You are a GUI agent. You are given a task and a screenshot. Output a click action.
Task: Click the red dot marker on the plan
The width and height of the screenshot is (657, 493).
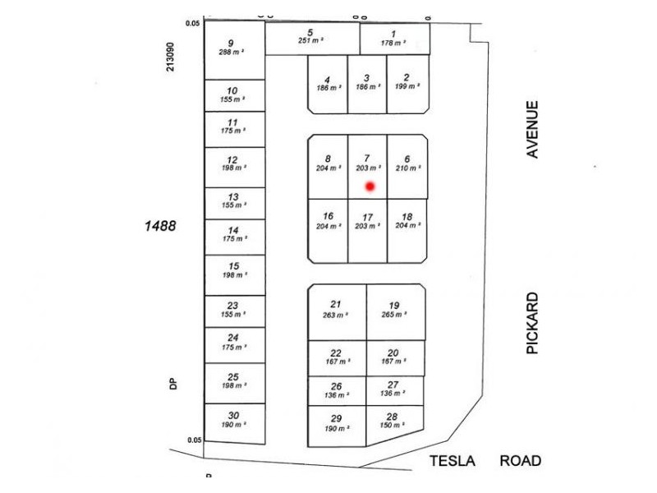[370, 187]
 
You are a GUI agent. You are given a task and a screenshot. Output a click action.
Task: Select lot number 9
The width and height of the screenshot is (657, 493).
[231, 44]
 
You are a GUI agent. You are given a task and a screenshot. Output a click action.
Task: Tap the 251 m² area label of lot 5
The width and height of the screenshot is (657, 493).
[310, 40]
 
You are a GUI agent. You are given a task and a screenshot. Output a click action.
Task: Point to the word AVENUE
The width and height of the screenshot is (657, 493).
[533, 129]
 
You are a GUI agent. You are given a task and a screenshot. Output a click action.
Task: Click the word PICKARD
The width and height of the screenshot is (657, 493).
[533, 323]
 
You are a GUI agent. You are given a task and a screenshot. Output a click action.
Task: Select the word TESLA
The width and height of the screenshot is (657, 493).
[453, 461]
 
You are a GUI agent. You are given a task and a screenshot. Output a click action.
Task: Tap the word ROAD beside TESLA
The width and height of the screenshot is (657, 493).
[521, 461]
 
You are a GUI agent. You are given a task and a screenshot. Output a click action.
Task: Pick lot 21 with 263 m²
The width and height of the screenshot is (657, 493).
[336, 309]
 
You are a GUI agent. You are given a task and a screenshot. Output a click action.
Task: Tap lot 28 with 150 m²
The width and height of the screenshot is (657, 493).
[392, 422]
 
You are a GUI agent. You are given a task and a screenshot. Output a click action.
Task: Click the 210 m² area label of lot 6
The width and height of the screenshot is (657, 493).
[407, 168]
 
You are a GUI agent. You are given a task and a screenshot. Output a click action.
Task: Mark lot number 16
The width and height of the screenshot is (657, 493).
[328, 216]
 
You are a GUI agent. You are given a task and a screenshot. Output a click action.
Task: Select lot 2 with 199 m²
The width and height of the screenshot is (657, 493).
[407, 81]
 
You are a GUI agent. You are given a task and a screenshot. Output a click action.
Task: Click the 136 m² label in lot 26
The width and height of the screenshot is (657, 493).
[336, 394]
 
